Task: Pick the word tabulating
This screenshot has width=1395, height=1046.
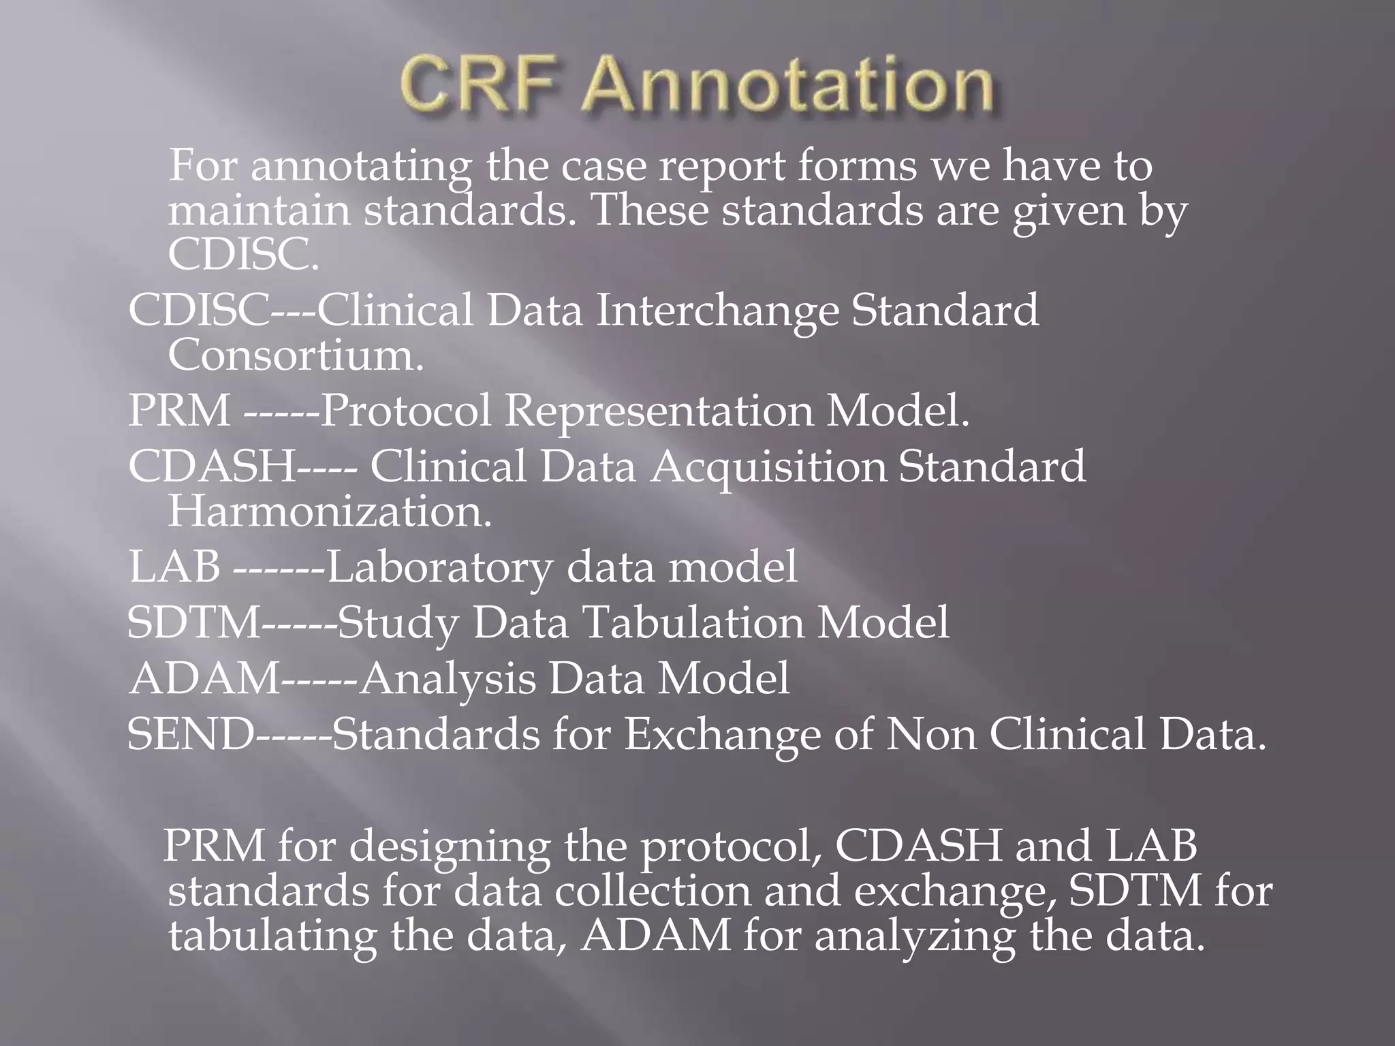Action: [272, 936]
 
